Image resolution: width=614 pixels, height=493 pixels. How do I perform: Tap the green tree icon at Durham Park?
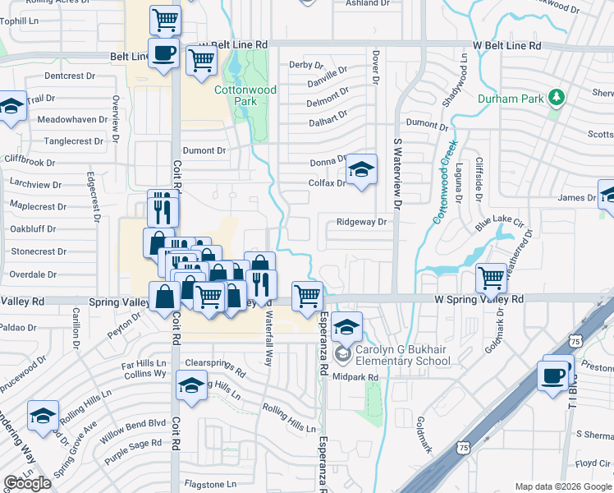click(x=557, y=99)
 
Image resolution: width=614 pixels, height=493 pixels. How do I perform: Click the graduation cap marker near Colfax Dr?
click(x=360, y=170)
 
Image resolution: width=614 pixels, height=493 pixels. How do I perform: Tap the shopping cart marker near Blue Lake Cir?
click(x=491, y=279)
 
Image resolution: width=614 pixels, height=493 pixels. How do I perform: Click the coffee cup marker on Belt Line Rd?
click(x=163, y=53)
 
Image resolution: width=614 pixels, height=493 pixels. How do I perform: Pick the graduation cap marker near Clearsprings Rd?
click(x=191, y=385)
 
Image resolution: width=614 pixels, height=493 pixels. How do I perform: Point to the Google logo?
click(x=27, y=482)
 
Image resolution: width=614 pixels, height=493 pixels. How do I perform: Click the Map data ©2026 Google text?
click(x=563, y=486)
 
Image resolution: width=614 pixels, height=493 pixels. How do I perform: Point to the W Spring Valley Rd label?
click(x=479, y=300)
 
